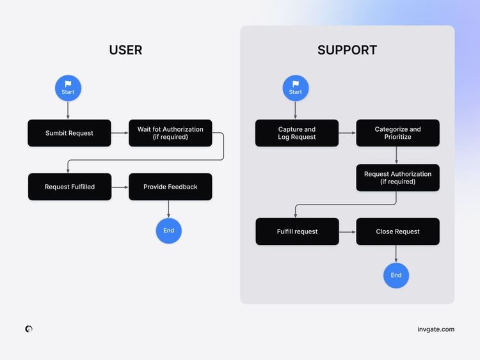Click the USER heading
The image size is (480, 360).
click(125, 50)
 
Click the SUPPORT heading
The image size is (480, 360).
click(347, 50)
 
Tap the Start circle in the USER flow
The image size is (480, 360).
click(68, 88)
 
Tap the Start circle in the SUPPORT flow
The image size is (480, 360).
click(295, 88)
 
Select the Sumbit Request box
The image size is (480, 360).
click(69, 133)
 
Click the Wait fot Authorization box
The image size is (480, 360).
click(170, 133)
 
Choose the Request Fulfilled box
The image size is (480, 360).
click(70, 187)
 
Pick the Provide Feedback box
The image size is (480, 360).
click(170, 187)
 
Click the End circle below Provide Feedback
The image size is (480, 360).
click(169, 231)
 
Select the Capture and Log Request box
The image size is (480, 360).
click(297, 133)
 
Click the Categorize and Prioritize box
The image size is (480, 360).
click(397, 133)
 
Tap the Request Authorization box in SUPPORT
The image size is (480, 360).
click(397, 178)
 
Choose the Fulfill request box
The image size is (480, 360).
click(297, 231)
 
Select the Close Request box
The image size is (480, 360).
click(397, 231)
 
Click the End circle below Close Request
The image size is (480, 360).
click(396, 276)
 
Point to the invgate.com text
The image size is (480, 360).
click(435, 329)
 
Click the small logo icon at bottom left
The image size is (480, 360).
click(29, 329)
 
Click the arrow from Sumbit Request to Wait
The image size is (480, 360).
click(120, 133)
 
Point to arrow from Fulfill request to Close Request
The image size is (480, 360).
click(348, 231)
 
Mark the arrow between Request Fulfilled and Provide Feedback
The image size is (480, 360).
click(120, 187)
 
